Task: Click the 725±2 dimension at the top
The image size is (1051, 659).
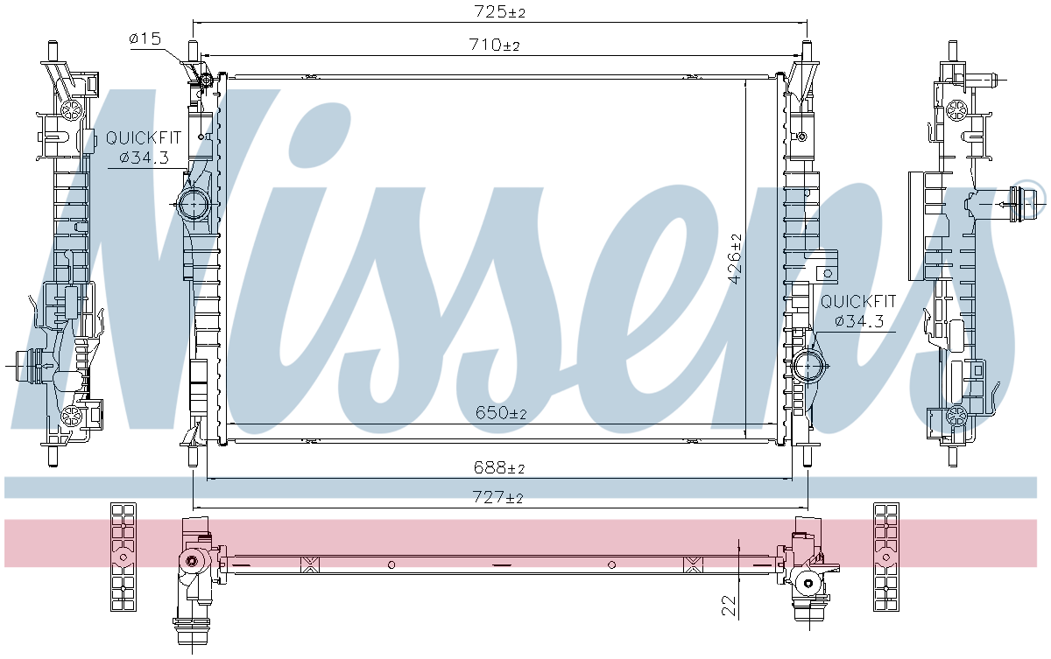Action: coord(500,12)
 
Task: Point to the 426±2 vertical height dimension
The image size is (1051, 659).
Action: coord(735,259)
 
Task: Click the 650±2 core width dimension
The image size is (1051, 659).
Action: coord(500,413)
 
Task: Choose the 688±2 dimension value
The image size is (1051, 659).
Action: coord(500,469)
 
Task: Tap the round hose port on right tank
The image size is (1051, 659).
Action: coord(809,365)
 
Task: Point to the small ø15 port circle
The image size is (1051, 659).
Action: coord(207,81)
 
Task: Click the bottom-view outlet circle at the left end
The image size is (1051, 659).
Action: coord(190,563)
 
